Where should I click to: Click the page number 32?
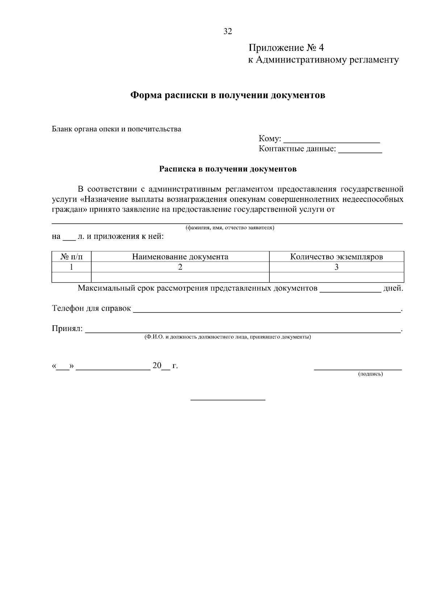pyautogui.click(x=228, y=31)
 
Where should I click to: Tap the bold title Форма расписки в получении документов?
pyautogui.click(x=228, y=95)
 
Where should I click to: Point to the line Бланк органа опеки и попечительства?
pyautogui.click(x=116, y=129)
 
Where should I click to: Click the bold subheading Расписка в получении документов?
pyautogui.click(x=228, y=169)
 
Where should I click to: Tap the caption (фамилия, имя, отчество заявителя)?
pyautogui.click(x=230, y=228)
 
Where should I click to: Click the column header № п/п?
pyautogui.click(x=71, y=257)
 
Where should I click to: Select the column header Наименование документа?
pyautogui.click(x=180, y=257)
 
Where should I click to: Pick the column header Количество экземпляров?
pyautogui.click(x=336, y=257)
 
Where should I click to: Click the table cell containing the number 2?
pyautogui.click(x=180, y=267)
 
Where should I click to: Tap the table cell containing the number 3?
pyautogui.click(x=336, y=267)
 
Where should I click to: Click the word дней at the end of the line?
pyautogui.click(x=393, y=289)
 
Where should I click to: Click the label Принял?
pyautogui.click(x=67, y=329)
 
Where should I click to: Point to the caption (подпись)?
pyautogui.click(x=370, y=374)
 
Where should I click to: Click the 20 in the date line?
pyautogui.click(x=157, y=366)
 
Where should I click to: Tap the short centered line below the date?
pyautogui.click(x=228, y=400)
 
